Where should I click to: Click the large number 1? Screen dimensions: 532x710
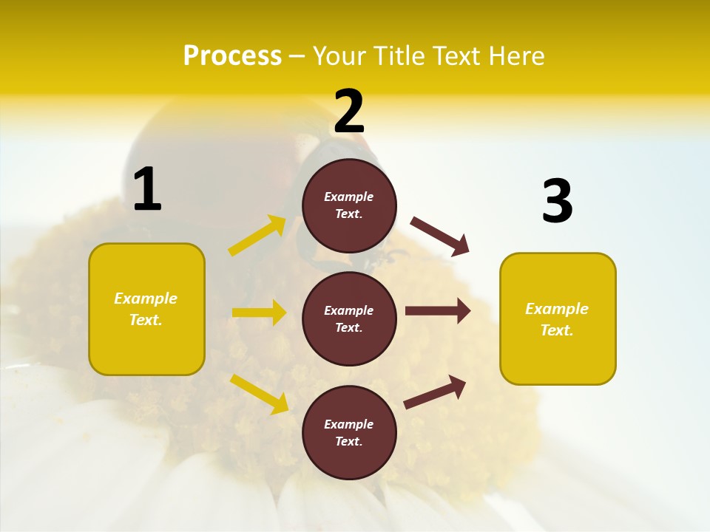147,189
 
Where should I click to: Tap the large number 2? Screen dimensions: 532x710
349,111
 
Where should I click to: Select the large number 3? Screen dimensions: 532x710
557,201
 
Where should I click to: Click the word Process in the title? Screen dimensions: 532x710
232,55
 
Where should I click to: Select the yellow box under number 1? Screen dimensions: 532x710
146,309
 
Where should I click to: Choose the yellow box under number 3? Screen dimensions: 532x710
558,319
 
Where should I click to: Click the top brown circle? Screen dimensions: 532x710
349,205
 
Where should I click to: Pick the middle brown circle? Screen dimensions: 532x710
349,318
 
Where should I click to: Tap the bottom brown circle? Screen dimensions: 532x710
349,432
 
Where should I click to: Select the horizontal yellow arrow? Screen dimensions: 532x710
259,313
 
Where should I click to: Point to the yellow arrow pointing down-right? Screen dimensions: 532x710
260,394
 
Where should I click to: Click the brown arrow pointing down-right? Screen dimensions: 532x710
440,236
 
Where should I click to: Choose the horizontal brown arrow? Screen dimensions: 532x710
438,311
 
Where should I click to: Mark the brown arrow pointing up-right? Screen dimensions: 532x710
435,392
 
